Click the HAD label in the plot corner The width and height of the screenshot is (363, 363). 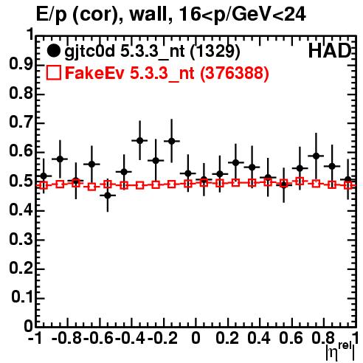point(330,51)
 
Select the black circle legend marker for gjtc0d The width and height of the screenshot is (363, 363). point(53,51)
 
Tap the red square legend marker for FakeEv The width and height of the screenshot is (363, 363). point(54,72)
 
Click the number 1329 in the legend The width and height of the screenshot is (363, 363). point(215,51)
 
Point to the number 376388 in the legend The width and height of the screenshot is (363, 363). point(235,73)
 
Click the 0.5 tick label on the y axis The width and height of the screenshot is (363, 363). point(21,181)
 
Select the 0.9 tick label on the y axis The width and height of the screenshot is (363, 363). point(21,64)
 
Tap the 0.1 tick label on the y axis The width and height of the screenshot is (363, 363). point(21,297)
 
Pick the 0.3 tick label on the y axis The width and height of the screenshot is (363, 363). point(21,239)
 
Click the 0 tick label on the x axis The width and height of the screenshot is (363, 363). point(196,338)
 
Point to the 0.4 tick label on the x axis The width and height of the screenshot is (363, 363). point(259,338)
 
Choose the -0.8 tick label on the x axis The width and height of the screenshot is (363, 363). point(67,338)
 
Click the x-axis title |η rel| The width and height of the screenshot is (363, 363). point(340,350)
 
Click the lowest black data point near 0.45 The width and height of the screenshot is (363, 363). point(108,196)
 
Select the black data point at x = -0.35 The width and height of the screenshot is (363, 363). point(139,141)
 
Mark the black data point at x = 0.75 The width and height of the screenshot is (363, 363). point(316,156)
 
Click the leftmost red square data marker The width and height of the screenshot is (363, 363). point(44,185)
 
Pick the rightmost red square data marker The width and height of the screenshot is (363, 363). point(348,185)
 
